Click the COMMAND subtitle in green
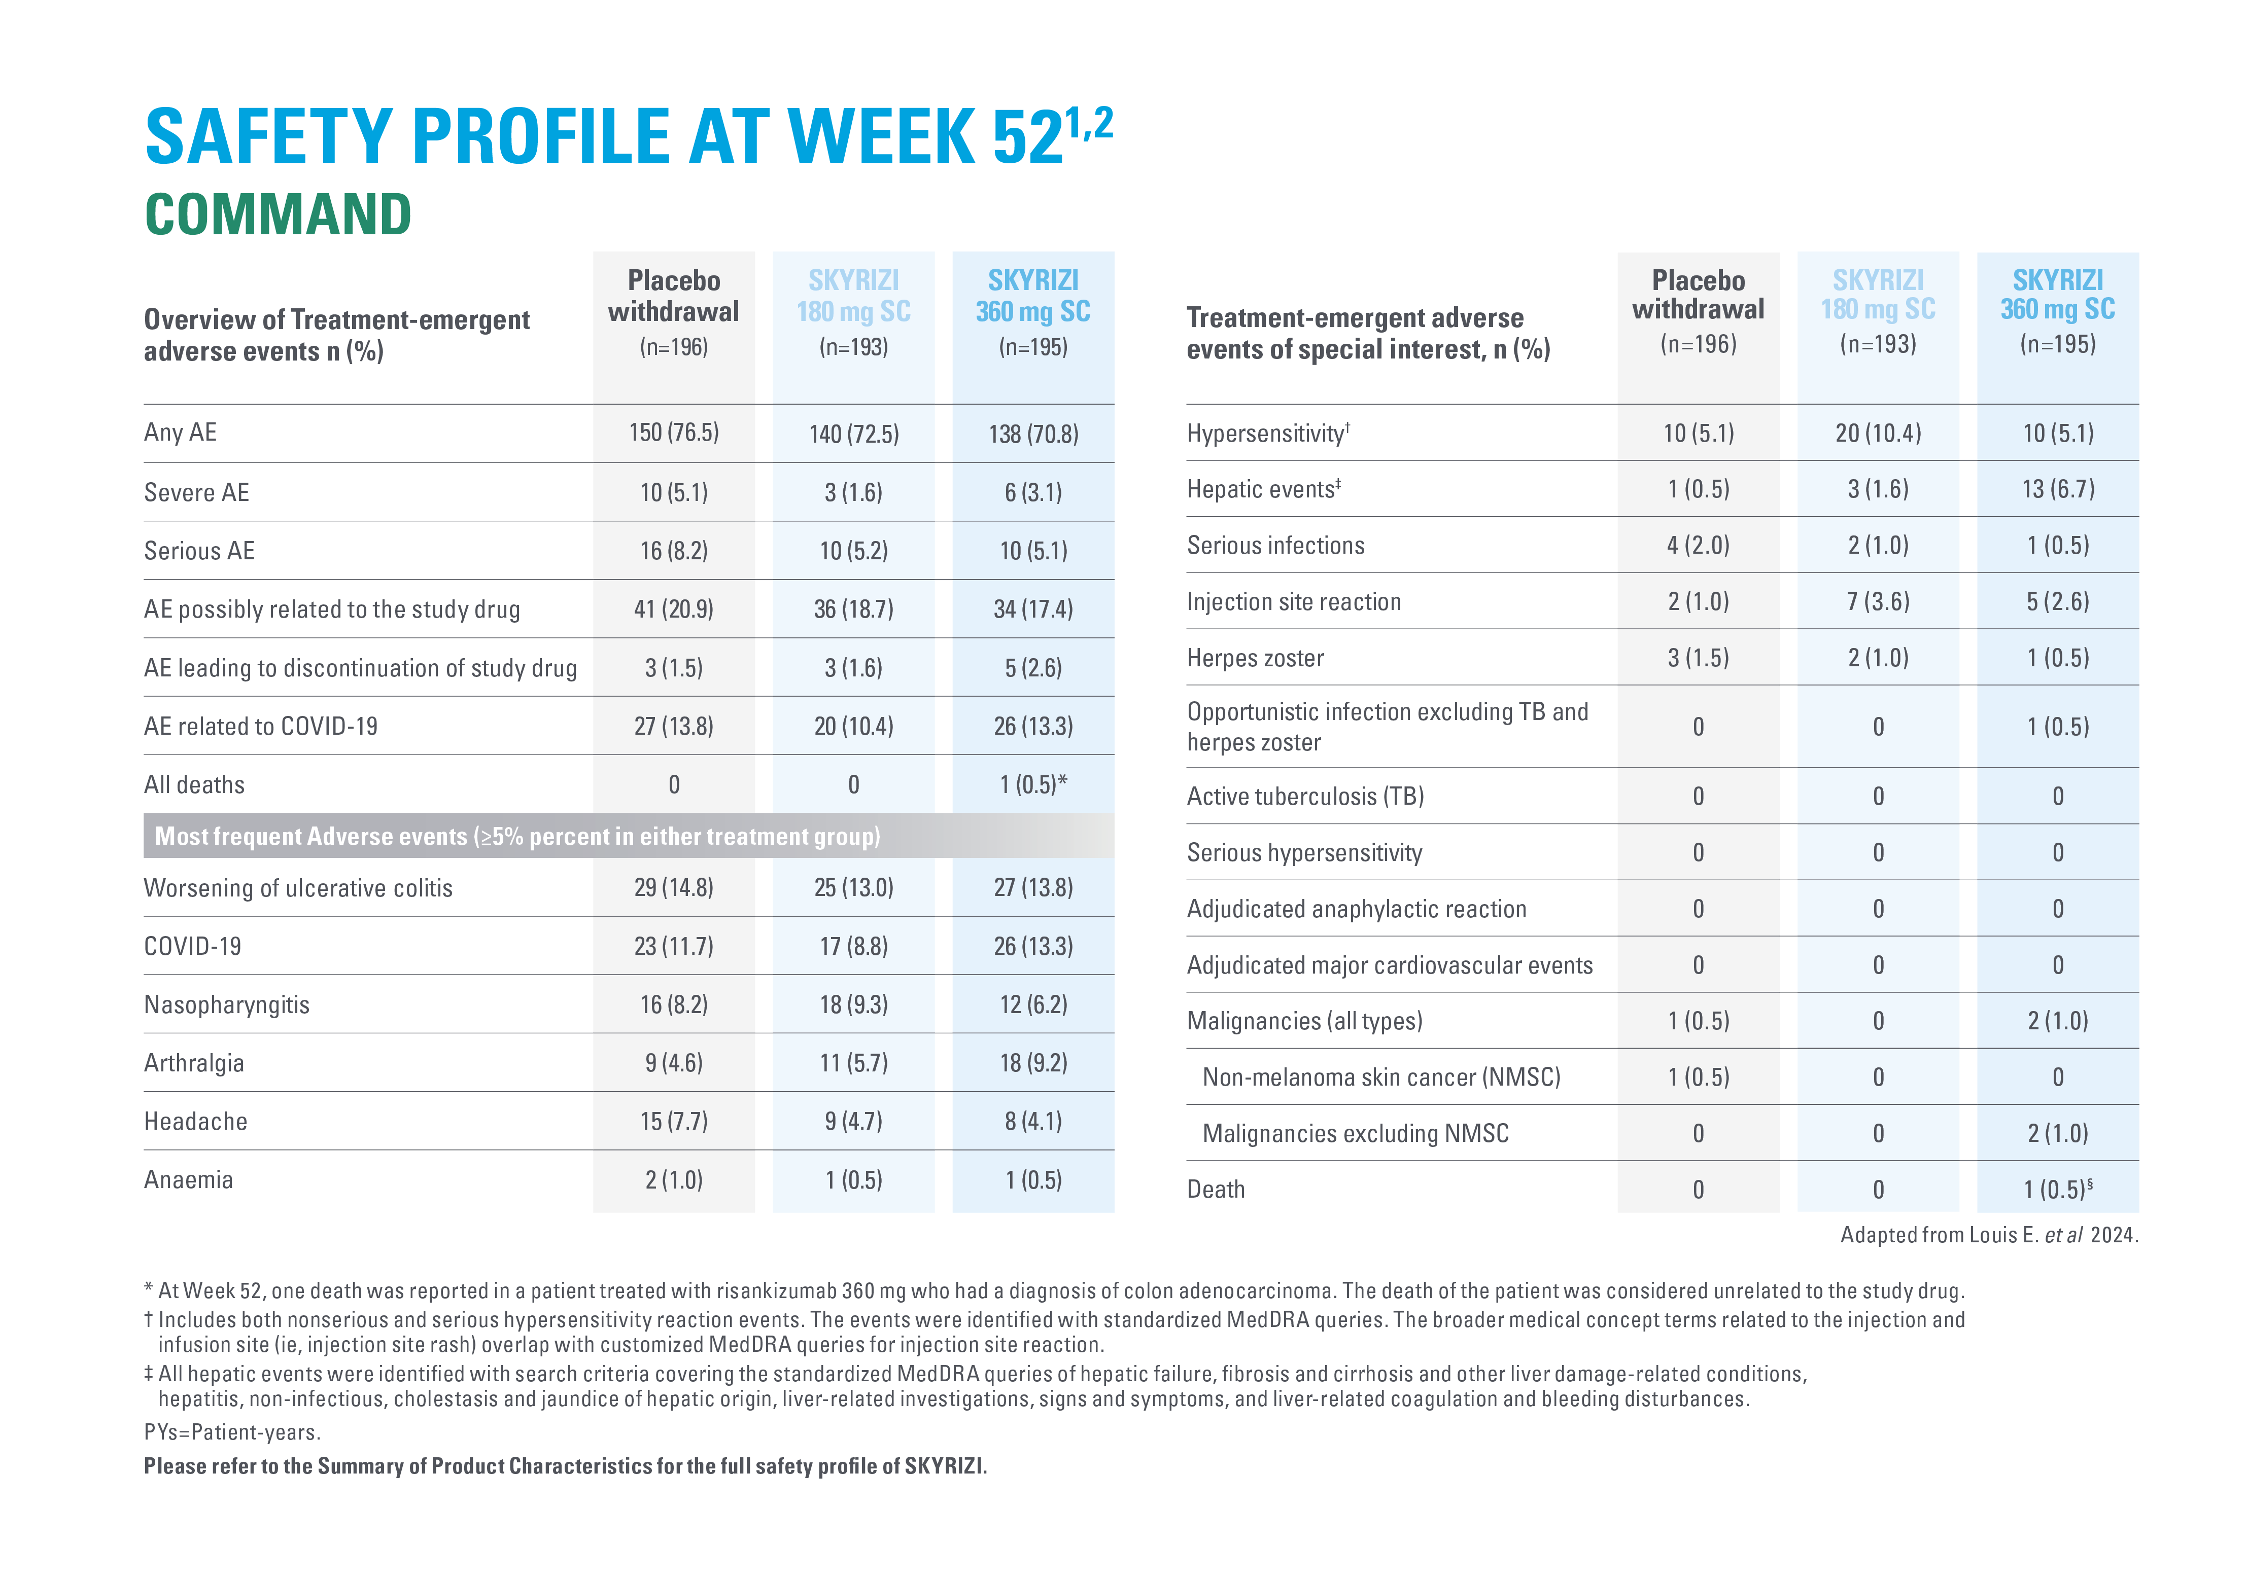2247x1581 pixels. click(278, 214)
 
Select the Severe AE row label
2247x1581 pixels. click(197, 492)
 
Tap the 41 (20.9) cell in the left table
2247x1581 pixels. click(673, 609)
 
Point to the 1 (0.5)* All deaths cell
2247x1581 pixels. click(1032, 784)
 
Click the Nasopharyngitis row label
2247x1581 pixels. click(227, 1005)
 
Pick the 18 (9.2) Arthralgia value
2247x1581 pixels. click(1032, 1063)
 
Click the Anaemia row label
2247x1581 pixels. click(189, 1180)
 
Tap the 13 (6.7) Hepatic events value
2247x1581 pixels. click(2057, 489)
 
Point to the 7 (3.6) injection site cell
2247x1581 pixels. click(1877, 602)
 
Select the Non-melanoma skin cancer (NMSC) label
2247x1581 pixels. click(1381, 1077)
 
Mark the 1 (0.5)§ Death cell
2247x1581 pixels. click(2057, 1190)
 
